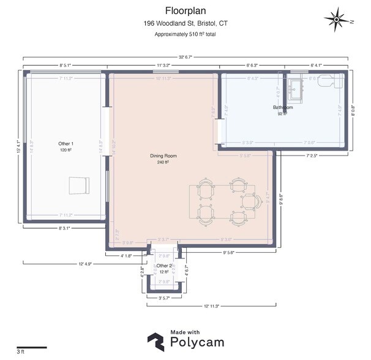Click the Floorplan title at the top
click(185, 10)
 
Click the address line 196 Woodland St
click(185, 23)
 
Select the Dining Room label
click(162, 156)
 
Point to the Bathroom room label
click(283, 108)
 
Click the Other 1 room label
click(66, 143)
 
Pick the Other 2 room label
click(164, 265)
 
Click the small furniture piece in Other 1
click(80, 184)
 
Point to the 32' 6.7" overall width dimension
click(185, 57)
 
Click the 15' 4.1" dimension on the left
click(21, 148)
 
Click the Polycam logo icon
click(156, 341)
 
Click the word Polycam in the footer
click(197, 342)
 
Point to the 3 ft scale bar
click(31, 347)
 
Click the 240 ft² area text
click(162, 162)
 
